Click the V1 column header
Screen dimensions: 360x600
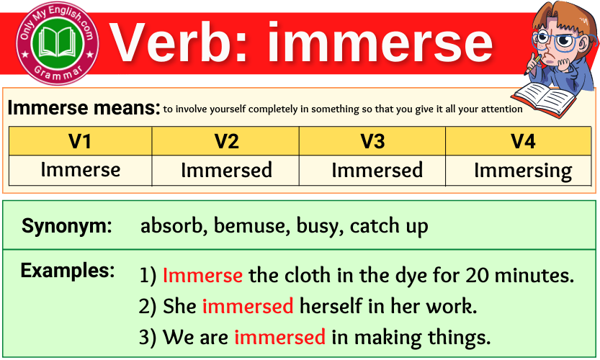click(80, 141)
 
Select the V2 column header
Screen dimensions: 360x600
click(226, 141)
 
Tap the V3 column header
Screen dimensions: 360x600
click(372, 141)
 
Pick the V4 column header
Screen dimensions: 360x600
click(522, 141)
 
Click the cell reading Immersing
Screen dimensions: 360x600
click(522, 171)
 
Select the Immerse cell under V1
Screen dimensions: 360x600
click(80, 171)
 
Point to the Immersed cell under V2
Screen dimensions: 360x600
click(226, 171)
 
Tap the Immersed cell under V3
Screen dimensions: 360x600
click(377, 171)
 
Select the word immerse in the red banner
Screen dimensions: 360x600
click(380, 42)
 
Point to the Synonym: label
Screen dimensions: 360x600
click(67, 226)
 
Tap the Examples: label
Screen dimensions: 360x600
click(68, 271)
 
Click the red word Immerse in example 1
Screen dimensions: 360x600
click(202, 275)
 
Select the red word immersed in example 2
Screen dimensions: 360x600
click(247, 306)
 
